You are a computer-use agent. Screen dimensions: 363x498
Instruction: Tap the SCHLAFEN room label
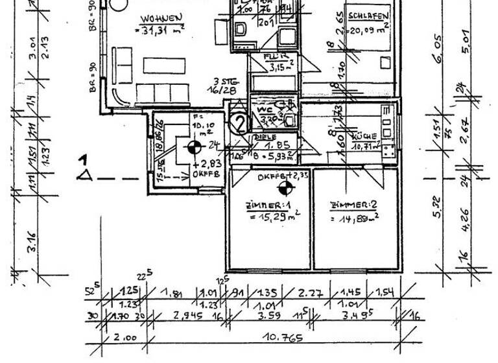tap(368, 16)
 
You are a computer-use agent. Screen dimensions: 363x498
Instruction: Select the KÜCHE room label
tap(364, 137)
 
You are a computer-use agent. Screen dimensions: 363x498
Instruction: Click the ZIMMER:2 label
tap(353, 205)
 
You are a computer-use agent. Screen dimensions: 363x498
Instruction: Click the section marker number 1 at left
tap(82, 159)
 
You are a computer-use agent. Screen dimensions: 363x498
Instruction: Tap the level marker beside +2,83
tap(193, 148)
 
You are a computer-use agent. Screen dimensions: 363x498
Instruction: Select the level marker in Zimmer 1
tap(283, 189)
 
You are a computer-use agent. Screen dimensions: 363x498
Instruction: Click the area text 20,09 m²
tap(368, 28)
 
